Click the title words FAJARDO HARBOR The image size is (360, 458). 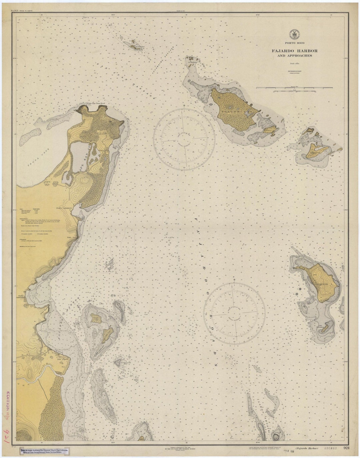click(x=294, y=51)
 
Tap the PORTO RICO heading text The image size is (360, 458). click(x=294, y=43)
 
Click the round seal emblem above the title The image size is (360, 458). click(x=294, y=33)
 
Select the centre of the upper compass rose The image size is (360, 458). click(x=184, y=138)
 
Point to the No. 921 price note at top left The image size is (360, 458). click(x=19, y=11)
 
